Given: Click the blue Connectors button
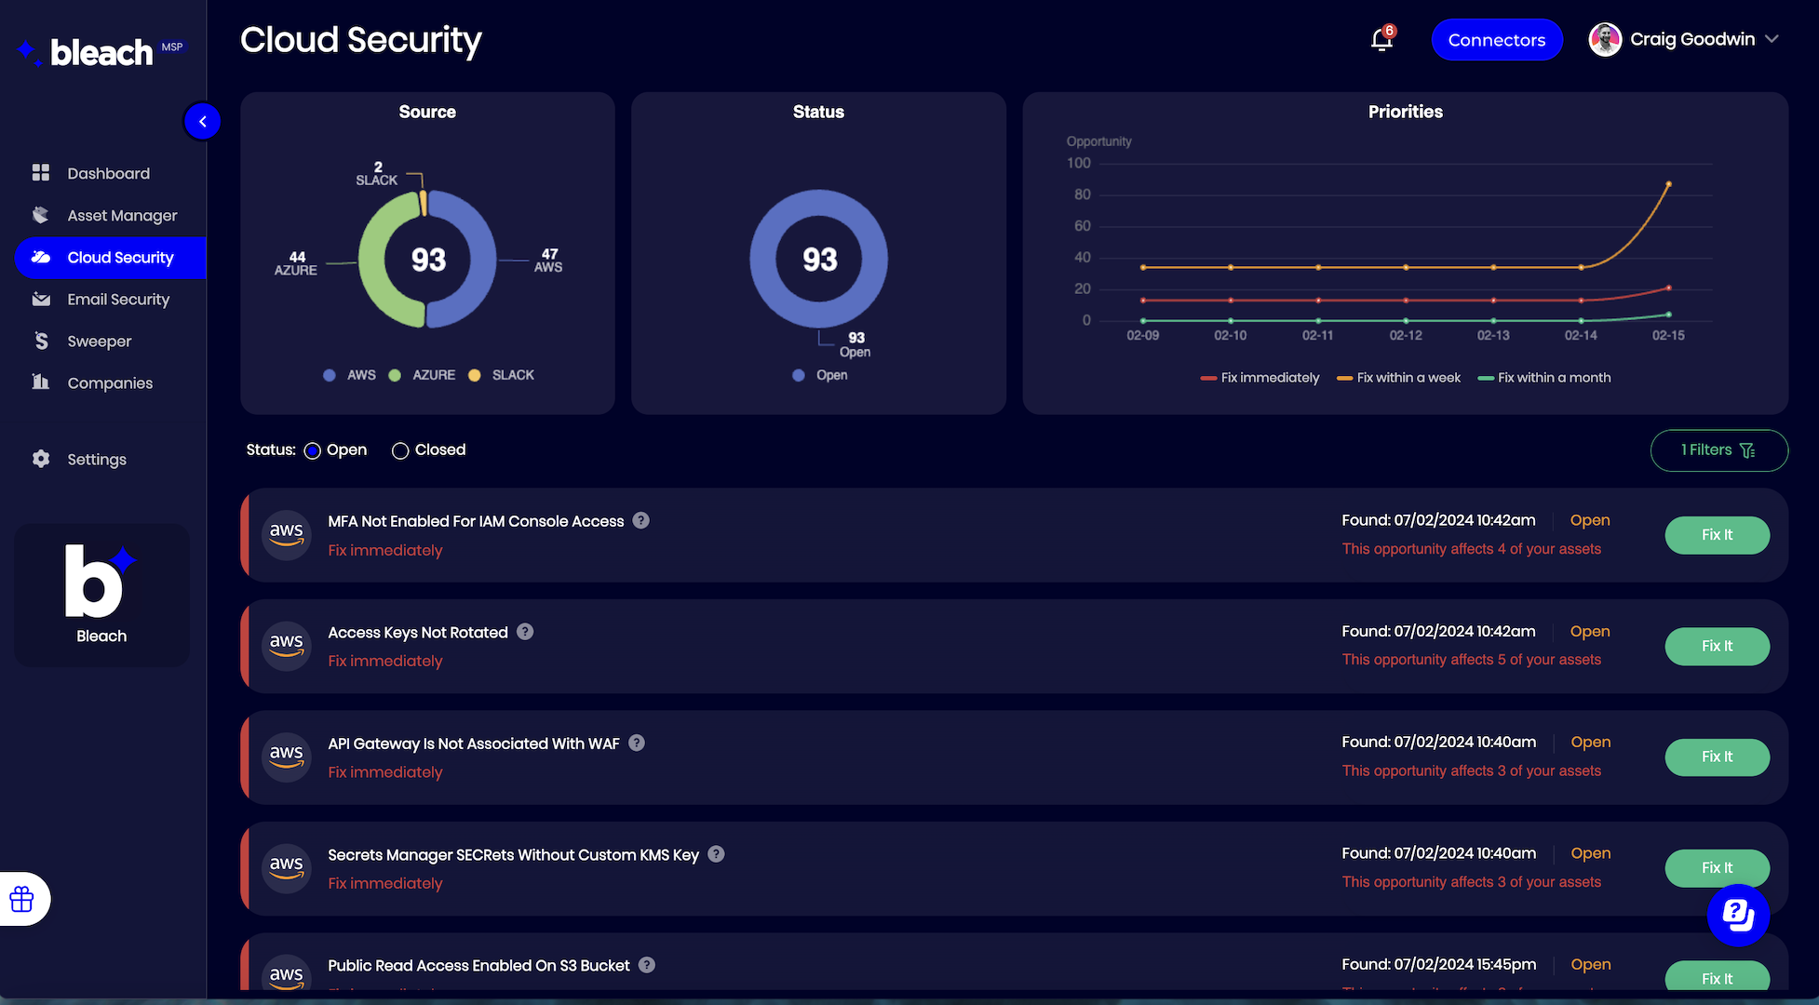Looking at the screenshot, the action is pos(1496,40).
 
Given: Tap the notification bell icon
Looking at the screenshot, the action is pos(1381,40).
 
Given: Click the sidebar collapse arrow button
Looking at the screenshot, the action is pos(202,121).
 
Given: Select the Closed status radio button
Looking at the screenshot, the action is pos(400,450).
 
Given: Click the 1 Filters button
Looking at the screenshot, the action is pos(1718,450).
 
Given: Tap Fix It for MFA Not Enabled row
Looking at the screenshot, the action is pos(1717,535).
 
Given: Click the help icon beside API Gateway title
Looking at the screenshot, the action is pos(637,743).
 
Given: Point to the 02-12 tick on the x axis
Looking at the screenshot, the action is pos(1406,335).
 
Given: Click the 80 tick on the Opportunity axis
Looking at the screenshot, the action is pos(1082,194).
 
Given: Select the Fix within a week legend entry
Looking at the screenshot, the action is pos(1398,378).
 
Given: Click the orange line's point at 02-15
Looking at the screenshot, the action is pos(1668,184).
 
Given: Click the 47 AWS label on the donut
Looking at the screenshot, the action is pos(548,261).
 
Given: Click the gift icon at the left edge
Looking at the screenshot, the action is pos(21,899).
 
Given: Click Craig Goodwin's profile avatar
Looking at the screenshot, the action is pos(1605,40).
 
